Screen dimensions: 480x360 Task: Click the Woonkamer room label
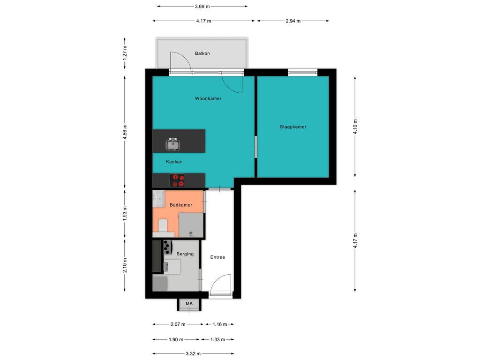coord(208,98)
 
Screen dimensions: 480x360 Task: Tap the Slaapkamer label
coord(293,127)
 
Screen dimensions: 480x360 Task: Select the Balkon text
coord(202,53)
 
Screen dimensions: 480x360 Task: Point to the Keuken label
coord(174,162)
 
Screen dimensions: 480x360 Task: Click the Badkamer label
coord(181,205)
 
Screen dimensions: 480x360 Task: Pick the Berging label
coord(185,254)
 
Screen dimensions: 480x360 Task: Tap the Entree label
coord(217,257)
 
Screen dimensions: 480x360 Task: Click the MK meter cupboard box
coord(189,304)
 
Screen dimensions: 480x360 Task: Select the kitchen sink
coord(173,144)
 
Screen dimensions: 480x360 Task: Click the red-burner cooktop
coord(178,180)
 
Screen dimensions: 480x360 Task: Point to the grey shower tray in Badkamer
coord(191,225)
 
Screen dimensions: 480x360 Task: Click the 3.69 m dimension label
coord(202,6)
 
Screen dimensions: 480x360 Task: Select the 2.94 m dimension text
coord(293,21)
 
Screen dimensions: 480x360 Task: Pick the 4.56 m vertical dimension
coord(125,132)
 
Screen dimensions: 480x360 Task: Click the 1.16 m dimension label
coord(220,324)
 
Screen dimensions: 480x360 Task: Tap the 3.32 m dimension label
coord(193,353)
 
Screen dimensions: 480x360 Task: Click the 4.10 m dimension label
coord(355,127)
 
